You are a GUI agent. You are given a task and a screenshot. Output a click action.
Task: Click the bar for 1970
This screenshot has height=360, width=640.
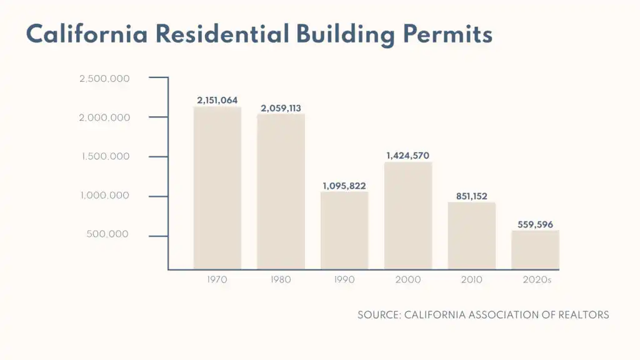(217, 187)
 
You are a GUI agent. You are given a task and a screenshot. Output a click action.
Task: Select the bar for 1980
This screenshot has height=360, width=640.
(281, 191)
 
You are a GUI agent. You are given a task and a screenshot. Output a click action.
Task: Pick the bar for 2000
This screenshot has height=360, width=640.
(408, 216)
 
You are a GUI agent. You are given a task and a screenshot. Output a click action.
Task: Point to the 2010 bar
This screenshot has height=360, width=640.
(472, 236)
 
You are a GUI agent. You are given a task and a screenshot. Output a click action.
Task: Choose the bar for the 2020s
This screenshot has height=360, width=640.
(536, 249)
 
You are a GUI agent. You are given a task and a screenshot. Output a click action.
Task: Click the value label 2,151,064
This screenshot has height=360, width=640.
(217, 100)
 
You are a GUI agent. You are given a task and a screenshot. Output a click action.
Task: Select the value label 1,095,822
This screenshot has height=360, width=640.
(344, 186)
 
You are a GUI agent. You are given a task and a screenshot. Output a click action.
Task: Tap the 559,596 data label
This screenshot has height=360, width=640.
(536, 224)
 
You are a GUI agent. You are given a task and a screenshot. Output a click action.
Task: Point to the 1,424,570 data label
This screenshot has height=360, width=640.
(408, 156)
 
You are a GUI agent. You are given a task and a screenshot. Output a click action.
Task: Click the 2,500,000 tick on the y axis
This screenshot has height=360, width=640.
(104, 79)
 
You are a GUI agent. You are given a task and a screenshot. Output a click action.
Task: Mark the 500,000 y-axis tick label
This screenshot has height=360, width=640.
(108, 234)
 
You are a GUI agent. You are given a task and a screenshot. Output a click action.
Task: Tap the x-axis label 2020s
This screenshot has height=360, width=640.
(537, 280)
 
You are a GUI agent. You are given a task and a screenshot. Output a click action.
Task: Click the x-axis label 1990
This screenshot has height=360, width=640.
(344, 280)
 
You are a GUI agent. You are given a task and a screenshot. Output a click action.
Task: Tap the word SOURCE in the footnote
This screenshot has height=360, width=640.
(377, 315)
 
